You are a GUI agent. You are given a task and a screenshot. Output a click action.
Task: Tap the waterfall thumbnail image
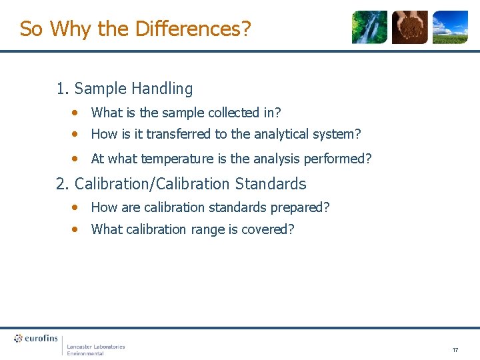pos(369,27)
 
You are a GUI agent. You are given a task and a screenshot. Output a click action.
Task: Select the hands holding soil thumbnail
pos(409,27)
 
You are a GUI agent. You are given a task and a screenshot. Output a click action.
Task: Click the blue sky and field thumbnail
pos(450,27)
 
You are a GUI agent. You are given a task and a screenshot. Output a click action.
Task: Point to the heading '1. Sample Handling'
pos(125,89)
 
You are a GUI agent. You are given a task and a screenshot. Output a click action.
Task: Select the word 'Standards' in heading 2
pos(271,183)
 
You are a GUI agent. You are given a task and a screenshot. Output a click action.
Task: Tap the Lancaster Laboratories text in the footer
pos(95,347)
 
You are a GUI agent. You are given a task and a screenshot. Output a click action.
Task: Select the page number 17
pos(455,350)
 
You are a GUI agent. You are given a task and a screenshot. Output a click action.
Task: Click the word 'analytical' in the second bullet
pos(279,134)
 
